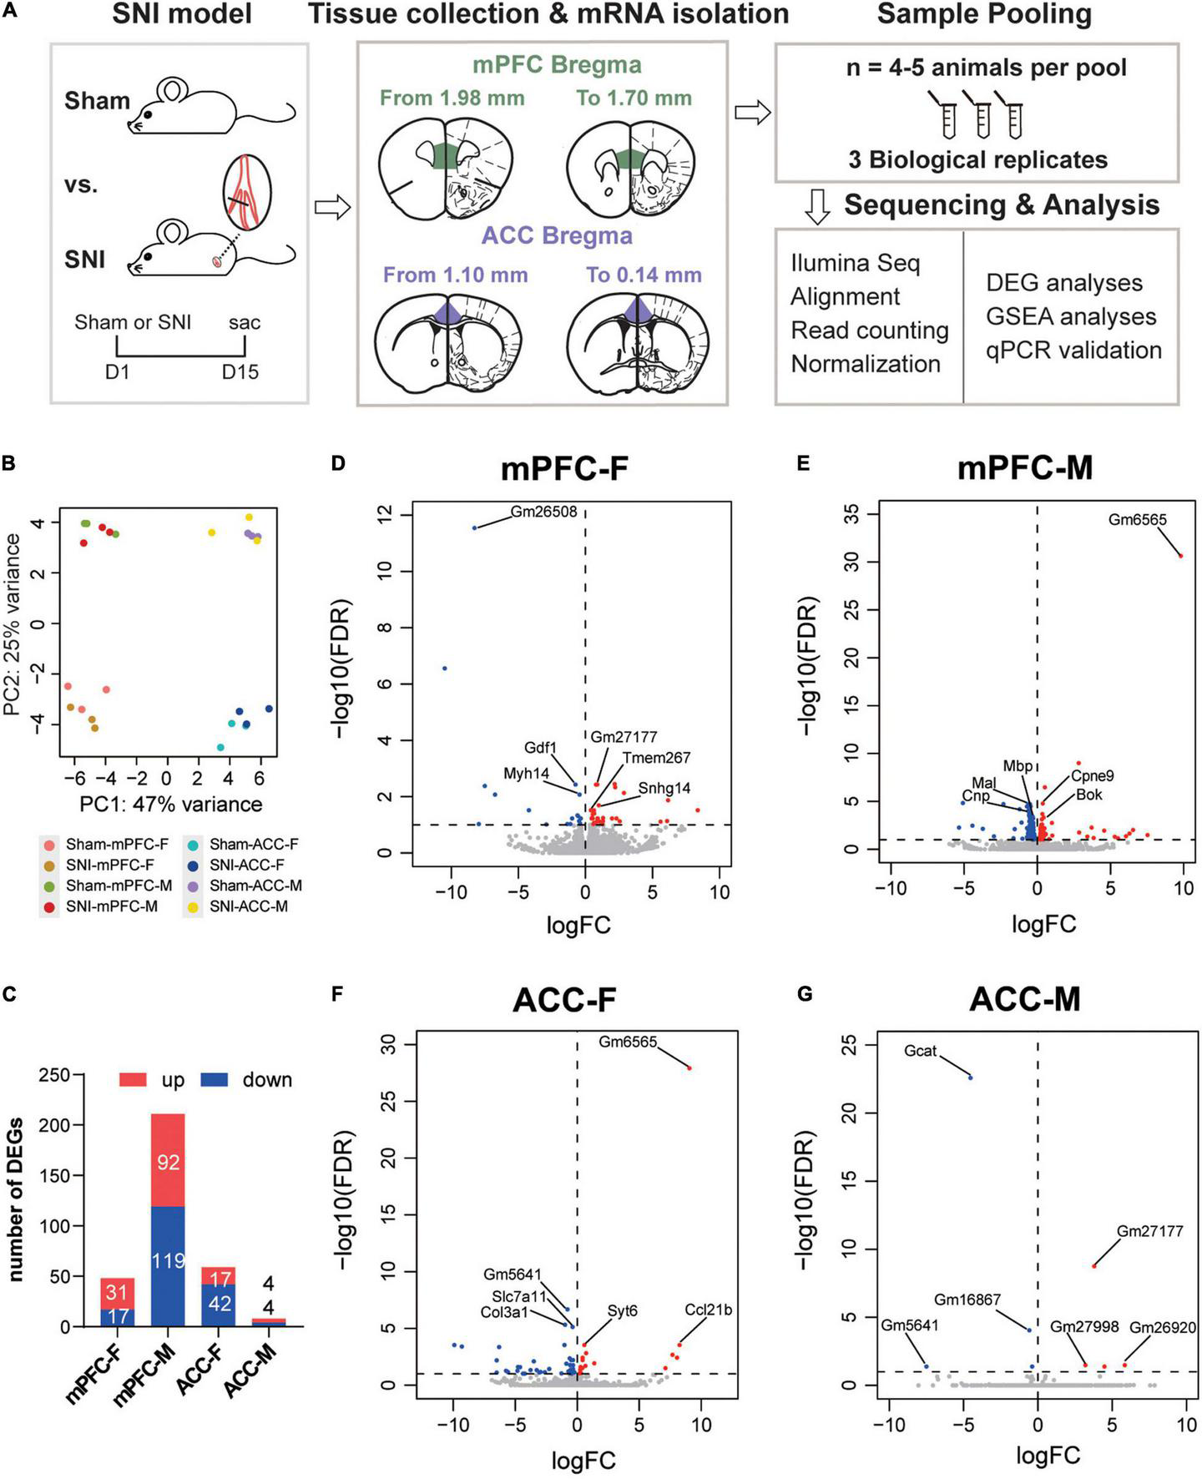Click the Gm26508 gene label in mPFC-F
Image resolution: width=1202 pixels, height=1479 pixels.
pyautogui.click(x=543, y=511)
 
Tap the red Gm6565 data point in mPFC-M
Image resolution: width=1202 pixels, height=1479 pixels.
pyautogui.click(x=1181, y=555)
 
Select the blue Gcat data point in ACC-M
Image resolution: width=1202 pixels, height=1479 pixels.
pyautogui.click(x=971, y=1077)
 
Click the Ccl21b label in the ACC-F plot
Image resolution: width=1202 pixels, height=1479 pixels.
pyautogui.click(x=708, y=1310)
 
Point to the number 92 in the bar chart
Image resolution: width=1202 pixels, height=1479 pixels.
pyautogui.click(x=168, y=1161)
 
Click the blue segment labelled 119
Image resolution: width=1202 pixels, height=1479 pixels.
pyautogui.click(x=168, y=1259)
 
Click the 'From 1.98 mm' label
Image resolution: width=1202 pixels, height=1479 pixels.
pyautogui.click(x=452, y=98)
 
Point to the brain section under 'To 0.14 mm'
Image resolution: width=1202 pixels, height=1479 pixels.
pyautogui.click(x=644, y=340)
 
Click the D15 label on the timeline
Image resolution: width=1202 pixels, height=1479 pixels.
pyautogui.click(x=240, y=372)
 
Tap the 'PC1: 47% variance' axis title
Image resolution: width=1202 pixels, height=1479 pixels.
pyautogui.click(x=171, y=805)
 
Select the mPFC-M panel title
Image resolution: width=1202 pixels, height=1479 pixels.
pyautogui.click(x=1025, y=468)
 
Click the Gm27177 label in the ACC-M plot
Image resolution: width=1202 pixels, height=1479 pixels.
pyautogui.click(x=1149, y=1231)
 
